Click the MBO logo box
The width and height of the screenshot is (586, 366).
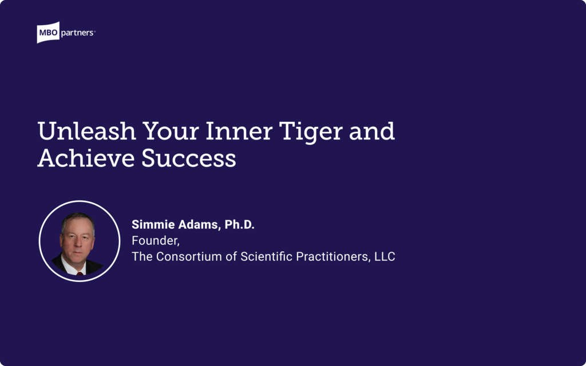point(47,33)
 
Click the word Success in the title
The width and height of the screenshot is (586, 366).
point(189,158)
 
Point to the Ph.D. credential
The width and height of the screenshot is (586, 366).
point(239,225)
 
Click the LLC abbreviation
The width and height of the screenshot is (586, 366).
point(385,257)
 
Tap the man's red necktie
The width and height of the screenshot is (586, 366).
point(80,273)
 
